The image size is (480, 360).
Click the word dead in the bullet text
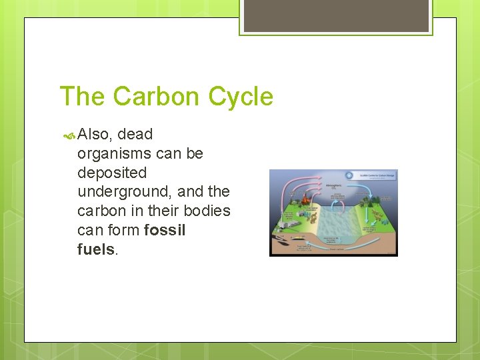point(135,135)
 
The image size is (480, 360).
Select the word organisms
point(114,154)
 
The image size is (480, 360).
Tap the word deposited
point(112,173)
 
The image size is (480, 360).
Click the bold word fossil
point(165,230)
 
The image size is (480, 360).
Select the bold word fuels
point(96,249)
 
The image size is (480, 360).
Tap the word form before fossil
point(123,230)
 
